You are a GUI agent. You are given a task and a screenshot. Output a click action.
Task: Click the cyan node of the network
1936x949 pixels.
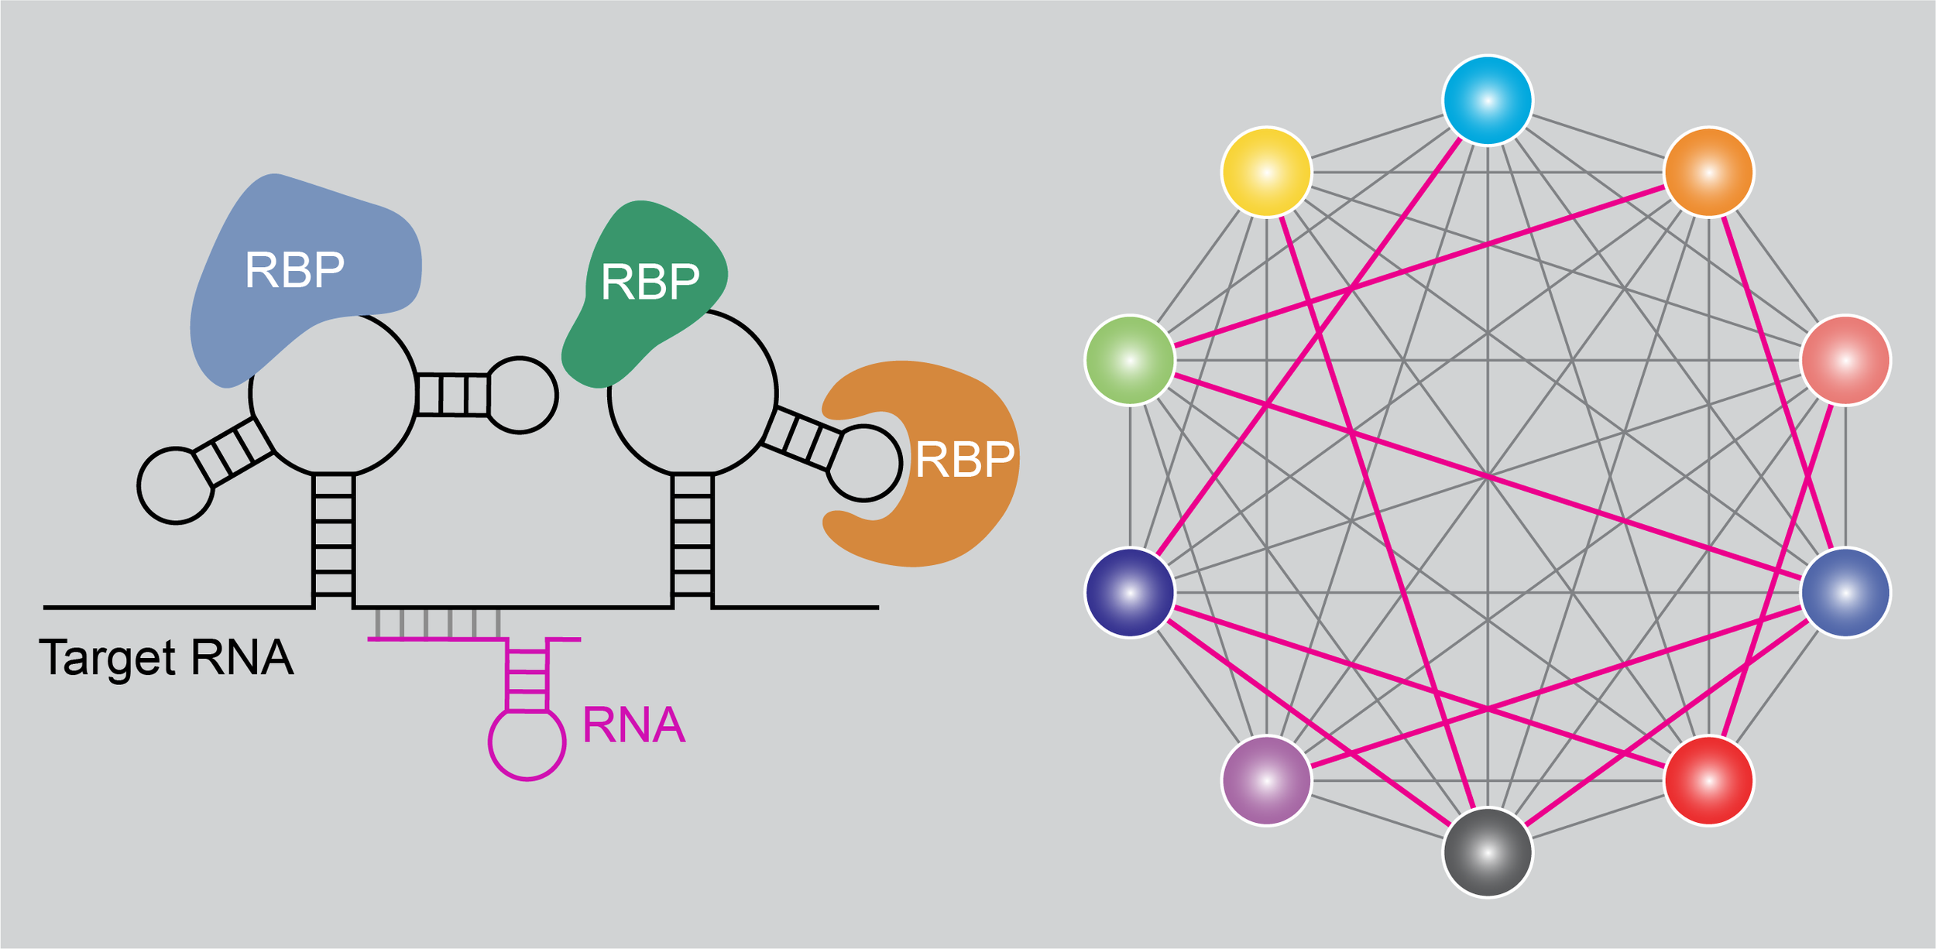[x=1488, y=101]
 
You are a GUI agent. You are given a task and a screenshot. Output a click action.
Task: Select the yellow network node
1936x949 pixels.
[x=1266, y=172]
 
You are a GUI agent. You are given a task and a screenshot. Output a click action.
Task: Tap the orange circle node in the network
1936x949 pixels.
[x=1709, y=172]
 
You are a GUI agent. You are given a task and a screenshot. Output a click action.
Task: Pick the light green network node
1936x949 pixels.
[x=1130, y=360]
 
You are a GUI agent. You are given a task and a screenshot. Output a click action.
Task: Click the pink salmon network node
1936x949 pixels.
[x=1846, y=360]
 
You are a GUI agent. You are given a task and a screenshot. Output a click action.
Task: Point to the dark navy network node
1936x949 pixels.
[x=1130, y=593]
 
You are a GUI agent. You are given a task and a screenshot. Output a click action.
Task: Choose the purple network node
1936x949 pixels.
[x=1266, y=781]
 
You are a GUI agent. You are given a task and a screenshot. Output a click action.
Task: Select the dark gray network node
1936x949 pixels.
[x=1488, y=853]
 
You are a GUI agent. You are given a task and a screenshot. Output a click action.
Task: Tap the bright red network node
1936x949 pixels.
[x=1709, y=781]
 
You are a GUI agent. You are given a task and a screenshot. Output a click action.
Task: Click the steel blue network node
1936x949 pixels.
[x=1846, y=593]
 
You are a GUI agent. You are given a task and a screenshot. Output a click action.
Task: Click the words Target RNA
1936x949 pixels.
[x=166, y=658]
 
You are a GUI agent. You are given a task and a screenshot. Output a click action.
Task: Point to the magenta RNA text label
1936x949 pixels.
[x=633, y=725]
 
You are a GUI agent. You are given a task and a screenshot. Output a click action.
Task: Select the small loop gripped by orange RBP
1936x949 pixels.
[x=863, y=463]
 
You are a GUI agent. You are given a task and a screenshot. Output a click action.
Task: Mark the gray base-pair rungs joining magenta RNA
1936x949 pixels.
[x=438, y=624]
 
